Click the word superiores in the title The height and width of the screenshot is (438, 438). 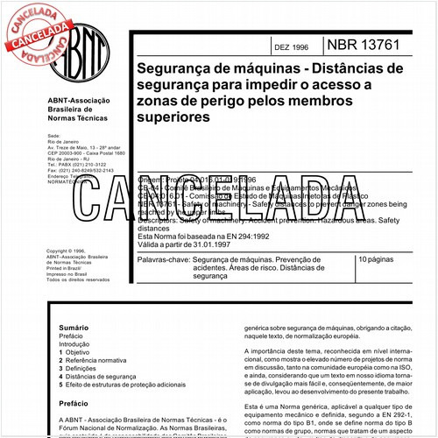tap(172, 115)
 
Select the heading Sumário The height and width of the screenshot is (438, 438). tap(61, 327)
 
